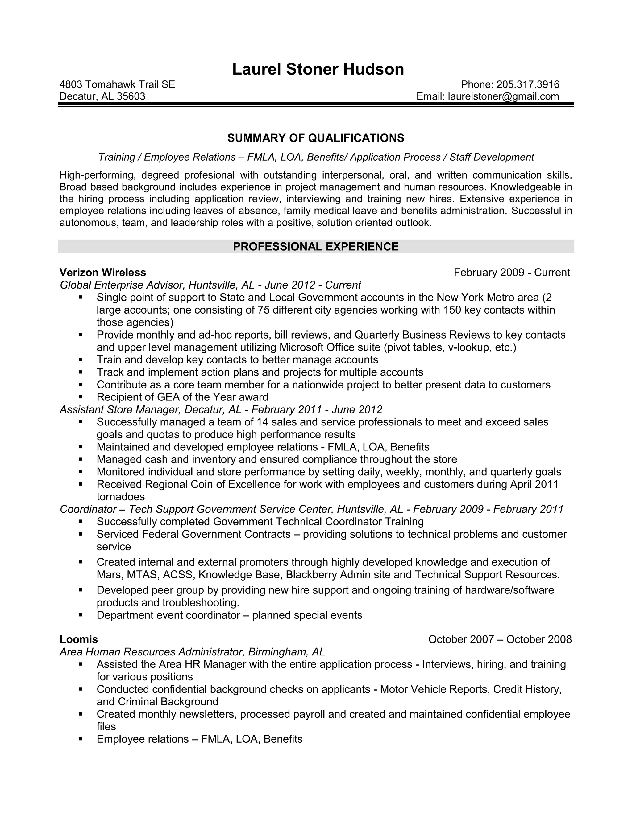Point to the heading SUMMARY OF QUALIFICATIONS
tap(316, 138)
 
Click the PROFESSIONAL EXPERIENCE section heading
tap(316, 247)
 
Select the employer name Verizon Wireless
tap(102, 272)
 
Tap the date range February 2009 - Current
tap(511, 272)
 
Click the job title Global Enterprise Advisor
tap(122, 285)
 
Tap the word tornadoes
tap(121, 497)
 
